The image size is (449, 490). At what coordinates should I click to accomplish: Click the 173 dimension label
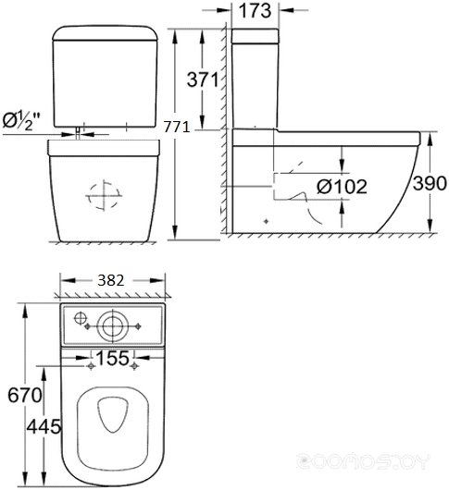pyautogui.click(x=255, y=10)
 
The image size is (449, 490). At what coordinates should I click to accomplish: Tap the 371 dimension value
pyautogui.click(x=203, y=80)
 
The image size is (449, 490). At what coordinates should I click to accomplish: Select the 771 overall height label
pyautogui.click(x=177, y=127)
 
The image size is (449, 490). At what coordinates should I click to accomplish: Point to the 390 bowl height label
pyautogui.click(x=430, y=183)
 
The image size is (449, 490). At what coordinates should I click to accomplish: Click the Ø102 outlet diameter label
pyautogui.click(x=342, y=187)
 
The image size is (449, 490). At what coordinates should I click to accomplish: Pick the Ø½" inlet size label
pyautogui.click(x=21, y=120)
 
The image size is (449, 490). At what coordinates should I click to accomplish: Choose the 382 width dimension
pyautogui.click(x=111, y=280)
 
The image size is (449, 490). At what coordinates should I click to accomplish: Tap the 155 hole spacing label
pyautogui.click(x=112, y=358)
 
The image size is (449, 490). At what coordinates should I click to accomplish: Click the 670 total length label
pyautogui.click(x=25, y=395)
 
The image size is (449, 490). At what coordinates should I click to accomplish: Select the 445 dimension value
pyautogui.click(x=44, y=426)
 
